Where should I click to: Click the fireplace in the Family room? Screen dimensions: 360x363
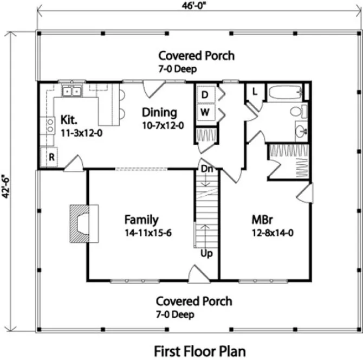coord(82,222)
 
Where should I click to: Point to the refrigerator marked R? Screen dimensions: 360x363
coord(52,158)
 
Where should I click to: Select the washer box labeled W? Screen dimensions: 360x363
coord(205,112)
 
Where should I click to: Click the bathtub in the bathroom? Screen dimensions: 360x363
coord(284,93)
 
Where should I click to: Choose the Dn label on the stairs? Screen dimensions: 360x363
coord(206,170)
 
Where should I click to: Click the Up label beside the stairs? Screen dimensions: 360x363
coord(206,254)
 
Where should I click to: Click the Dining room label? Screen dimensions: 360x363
coord(159,112)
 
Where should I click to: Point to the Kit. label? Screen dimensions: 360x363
coord(68,119)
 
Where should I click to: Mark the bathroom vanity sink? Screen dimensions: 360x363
coord(301,130)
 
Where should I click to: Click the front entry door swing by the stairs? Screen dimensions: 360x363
coord(196,274)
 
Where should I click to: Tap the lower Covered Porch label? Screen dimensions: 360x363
coord(194,301)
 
